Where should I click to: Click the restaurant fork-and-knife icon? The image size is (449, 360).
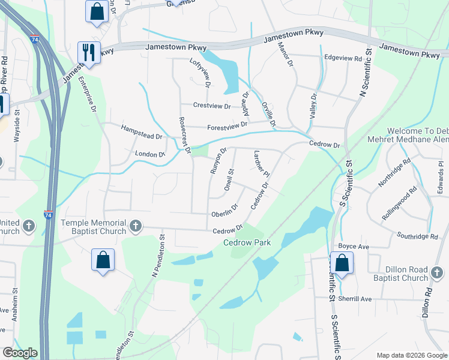tap(88, 52)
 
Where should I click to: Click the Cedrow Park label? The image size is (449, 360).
tap(247, 243)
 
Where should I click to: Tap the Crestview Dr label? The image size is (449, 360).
tap(212, 106)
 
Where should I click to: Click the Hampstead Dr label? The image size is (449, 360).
tap(142, 133)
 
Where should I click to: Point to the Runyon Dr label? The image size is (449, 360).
tap(218, 161)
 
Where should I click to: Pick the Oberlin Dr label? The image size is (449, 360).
tap(224, 211)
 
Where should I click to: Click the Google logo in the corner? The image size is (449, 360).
tap(20, 353)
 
